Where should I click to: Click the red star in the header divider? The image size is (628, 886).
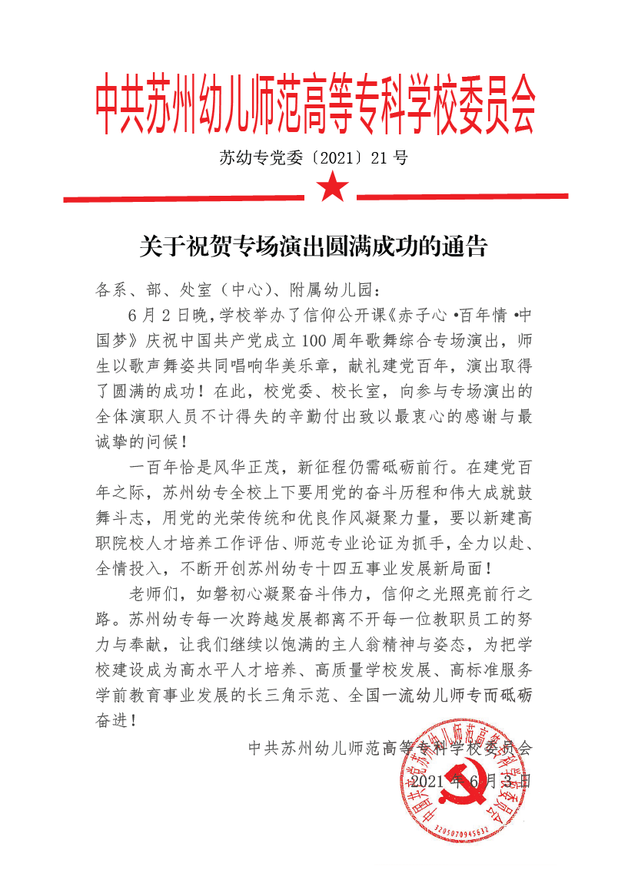click(x=333, y=187)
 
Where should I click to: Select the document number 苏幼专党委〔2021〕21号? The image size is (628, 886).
click(x=314, y=158)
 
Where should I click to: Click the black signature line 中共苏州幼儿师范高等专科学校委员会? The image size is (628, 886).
click(x=390, y=747)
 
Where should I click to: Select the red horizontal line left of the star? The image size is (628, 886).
click(x=184, y=199)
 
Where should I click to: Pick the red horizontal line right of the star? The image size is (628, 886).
click(x=462, y=197)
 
